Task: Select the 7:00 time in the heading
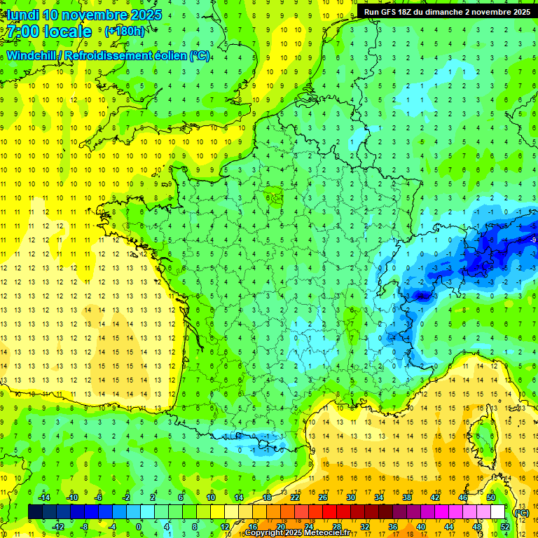(25, 32)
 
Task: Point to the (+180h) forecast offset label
(125, 31)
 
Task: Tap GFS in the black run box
(390, 12)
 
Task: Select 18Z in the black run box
(409, 12)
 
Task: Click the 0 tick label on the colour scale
(139, 527)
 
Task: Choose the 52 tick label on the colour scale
(504, 527)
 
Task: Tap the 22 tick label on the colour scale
(295, 497)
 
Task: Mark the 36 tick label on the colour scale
(393, 527)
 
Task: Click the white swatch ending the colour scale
(498, 512)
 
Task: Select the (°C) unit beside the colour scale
(521, 513)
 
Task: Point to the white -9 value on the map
(533, 240)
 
